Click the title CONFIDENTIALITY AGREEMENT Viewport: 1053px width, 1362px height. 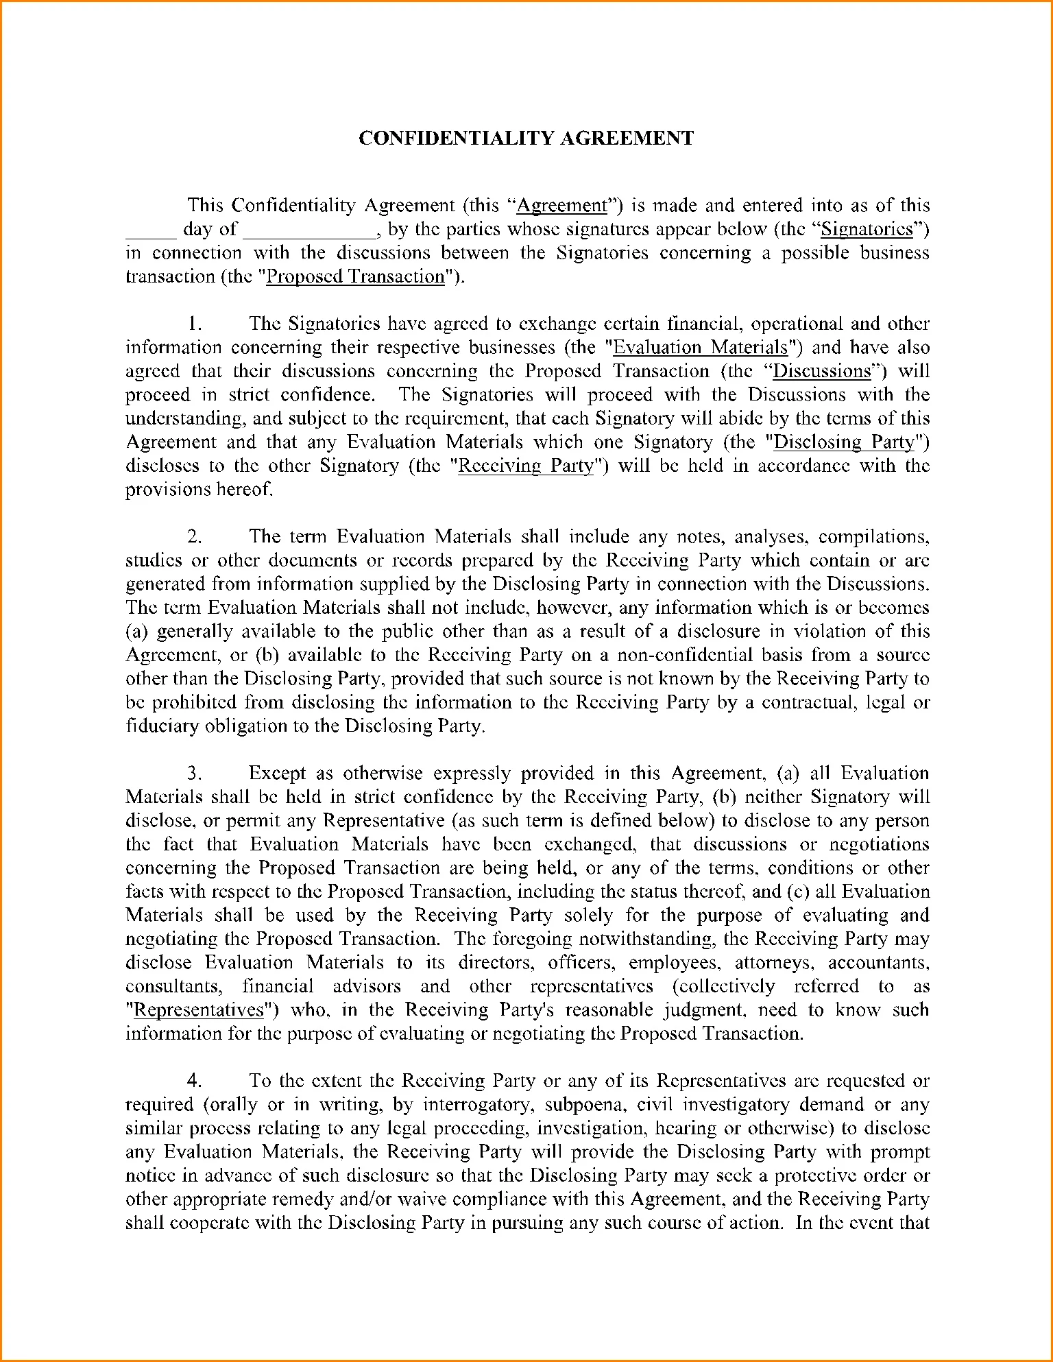tap(526, 138)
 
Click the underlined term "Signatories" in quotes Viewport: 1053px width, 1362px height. tap(867, 229)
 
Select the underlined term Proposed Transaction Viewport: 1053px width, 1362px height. tap(355, 276)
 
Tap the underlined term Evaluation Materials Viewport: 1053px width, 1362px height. tap(700, 347)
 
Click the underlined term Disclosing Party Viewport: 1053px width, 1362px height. tap(844, 442)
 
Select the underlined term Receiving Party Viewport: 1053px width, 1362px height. tap(525, 466)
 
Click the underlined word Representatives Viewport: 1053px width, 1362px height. tap(199, 1010)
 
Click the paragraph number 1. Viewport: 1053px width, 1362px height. tap(194, 324)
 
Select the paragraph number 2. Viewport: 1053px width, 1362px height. tap(195, 536)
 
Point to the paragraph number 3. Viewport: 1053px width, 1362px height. tap(195, 774)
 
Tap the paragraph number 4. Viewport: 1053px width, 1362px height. tap(195, 1081)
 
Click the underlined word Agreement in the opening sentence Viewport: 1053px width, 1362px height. tap(561, 206)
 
